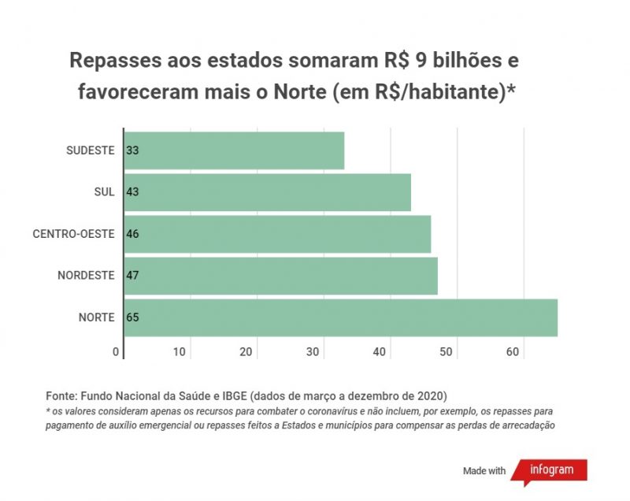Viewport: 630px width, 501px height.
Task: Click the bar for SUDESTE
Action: [235, 150]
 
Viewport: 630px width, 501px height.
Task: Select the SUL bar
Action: [268, 192]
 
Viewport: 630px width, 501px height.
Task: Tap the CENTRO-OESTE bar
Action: [278, 234]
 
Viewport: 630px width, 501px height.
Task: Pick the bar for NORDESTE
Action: [281, 276]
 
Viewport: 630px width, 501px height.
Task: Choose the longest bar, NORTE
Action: [341, 317]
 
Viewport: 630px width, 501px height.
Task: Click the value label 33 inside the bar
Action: [133, 150]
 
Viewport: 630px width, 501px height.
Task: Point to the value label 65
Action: [133, 317]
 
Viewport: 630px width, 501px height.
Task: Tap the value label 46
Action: [133, 234]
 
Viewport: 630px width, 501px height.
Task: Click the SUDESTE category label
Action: [91, 150]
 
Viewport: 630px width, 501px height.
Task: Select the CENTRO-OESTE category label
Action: [74, 234]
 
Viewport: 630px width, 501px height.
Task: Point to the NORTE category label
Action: [97, 317]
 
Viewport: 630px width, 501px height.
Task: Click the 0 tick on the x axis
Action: [116, 351]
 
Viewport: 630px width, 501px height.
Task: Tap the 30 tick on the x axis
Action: [313, 351]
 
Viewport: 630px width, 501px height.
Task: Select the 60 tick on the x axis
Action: [513, 351]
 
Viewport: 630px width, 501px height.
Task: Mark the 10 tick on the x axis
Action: [180, 351]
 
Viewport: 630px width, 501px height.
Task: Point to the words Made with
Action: [484, 471]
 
